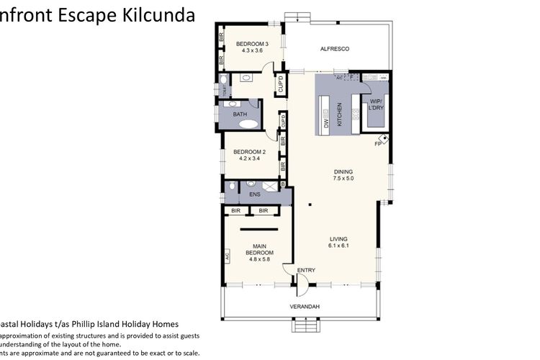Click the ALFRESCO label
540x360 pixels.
pyautogui.click(x=334, y=48)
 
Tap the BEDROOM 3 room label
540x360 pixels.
pyautogui.click(x=252, y=45)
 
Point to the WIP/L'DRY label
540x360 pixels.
pyautogui.click(x=375, y=104)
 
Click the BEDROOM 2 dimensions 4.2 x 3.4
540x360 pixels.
pyautogui.click(x=249, y=158)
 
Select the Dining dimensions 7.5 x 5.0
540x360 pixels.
pyautogui.click(x=343, y=178)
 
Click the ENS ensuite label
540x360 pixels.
pyautogui.click(x=254, y=194)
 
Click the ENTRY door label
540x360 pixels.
pyautogui.click(x=307, y=270)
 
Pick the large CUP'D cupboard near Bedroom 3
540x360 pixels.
pyautogui.click(x=279, y=85)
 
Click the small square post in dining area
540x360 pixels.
pyautogui.click(x=308, y=205)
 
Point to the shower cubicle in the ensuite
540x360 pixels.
pyautogui.click(x=270, y=186)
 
